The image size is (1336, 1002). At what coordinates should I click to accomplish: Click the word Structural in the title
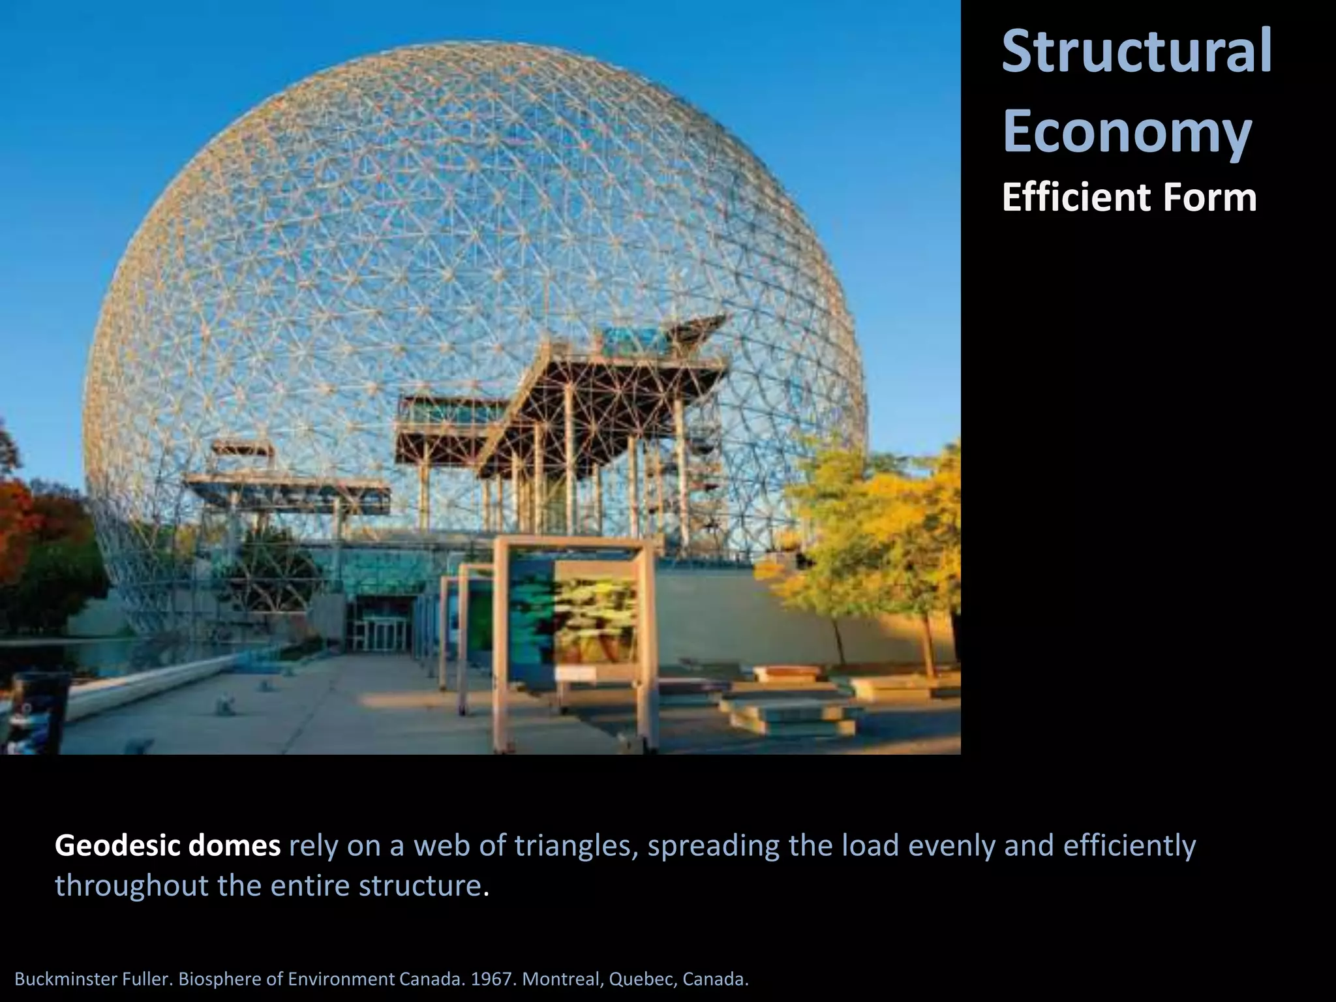[1136, 51]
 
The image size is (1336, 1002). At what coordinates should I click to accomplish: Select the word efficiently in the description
[1130, 846]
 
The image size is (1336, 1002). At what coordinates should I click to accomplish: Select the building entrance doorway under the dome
[381, 630]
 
